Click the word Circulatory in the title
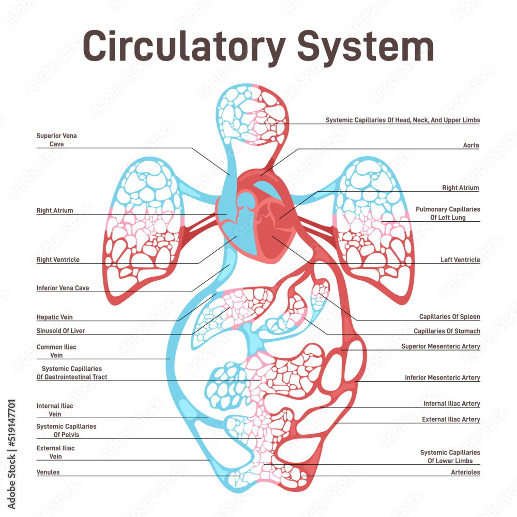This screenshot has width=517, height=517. point(184,47)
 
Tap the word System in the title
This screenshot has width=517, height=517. point(365,47)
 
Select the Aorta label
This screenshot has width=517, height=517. point(470,145)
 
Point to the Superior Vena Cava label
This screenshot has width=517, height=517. point(56,140)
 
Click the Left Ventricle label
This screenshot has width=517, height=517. point(460,260)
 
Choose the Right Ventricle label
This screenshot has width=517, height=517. point(58,260)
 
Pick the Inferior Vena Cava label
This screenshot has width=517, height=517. point(63,288)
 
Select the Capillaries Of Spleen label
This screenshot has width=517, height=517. point(449,316)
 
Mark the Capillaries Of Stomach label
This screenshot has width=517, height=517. point(447,331)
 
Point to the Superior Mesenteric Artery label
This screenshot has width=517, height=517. point(440,346)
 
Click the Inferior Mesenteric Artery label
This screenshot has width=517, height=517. point(442,378)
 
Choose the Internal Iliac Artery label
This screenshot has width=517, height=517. point(451,404)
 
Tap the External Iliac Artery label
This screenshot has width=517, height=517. point(451,419)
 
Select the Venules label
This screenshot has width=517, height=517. point(48,472)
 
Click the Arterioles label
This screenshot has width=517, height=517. point(465,472)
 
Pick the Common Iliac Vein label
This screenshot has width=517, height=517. point(56,351)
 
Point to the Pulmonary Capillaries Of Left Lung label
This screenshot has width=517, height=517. point(448,214)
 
